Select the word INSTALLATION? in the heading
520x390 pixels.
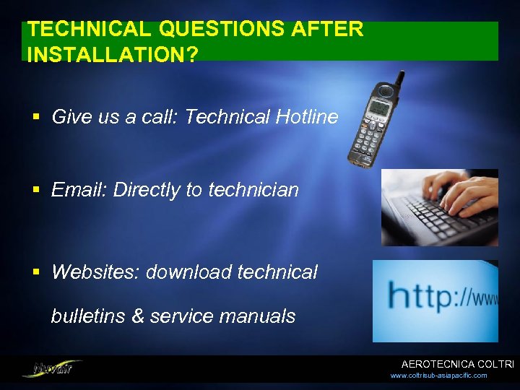pos(112,55)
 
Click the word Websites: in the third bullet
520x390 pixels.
pos(95,272)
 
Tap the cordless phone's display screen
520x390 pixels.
pos(378,108)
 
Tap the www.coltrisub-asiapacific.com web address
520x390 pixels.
pos(438,376)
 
